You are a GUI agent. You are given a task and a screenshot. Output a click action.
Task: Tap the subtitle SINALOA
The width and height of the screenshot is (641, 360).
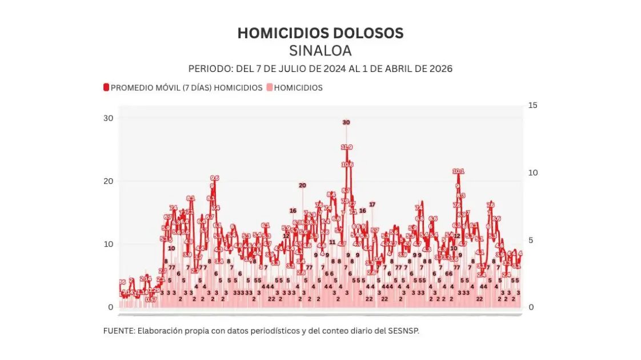(320, 51)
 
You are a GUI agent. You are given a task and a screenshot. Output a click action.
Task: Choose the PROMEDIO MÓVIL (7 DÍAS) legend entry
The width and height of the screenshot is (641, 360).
(183, 88)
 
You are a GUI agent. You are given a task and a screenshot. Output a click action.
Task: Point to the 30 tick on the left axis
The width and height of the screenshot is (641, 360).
(108, 118)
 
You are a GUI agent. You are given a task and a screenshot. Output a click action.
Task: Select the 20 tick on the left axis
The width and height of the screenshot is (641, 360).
(108, 181)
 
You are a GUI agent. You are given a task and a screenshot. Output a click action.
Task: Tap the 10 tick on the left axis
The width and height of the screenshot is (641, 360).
(108, 244)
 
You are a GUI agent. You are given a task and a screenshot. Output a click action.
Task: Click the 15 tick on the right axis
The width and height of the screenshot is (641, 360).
(533, 105)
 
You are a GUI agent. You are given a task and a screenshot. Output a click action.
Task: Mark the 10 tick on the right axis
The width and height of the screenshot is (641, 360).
(533, 173)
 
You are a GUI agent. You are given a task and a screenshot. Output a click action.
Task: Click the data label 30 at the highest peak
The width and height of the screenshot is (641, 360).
(346, 122)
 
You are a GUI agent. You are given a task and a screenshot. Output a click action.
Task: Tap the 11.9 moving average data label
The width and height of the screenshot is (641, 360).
(347, 147)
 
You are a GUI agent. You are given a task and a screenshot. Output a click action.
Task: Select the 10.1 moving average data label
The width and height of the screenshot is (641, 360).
(458, 171)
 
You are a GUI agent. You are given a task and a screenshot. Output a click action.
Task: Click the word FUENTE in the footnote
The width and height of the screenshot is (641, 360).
(118, 331)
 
